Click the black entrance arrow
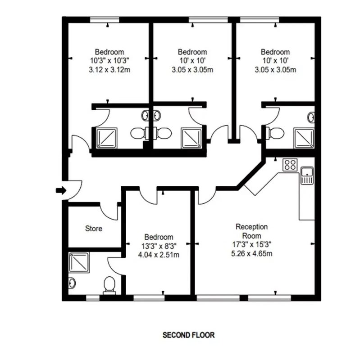[x=61, y=190]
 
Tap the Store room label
[x=94, y=229]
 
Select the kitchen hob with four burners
[x=290, y=165]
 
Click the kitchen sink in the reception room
[x=307, y=175]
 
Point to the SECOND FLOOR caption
[x=188, y=335]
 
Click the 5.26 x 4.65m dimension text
[x=252, y=254]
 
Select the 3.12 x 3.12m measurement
[x=109, y=70]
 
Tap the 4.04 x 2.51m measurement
[x=159, y=255]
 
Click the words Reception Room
[x=252, y=231]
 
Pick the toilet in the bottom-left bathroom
[x=109, y=285]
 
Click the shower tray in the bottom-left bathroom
[x=79, y=262]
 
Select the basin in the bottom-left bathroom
[x=72, y=283]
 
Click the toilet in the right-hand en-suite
[x=275, y=133]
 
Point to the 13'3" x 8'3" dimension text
[x=159, y=246]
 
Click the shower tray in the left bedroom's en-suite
[x=107, y=138]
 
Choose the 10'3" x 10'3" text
[x=109, y=61]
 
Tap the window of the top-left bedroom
[x=105, y=20]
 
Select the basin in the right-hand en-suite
[x=311, y=117]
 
